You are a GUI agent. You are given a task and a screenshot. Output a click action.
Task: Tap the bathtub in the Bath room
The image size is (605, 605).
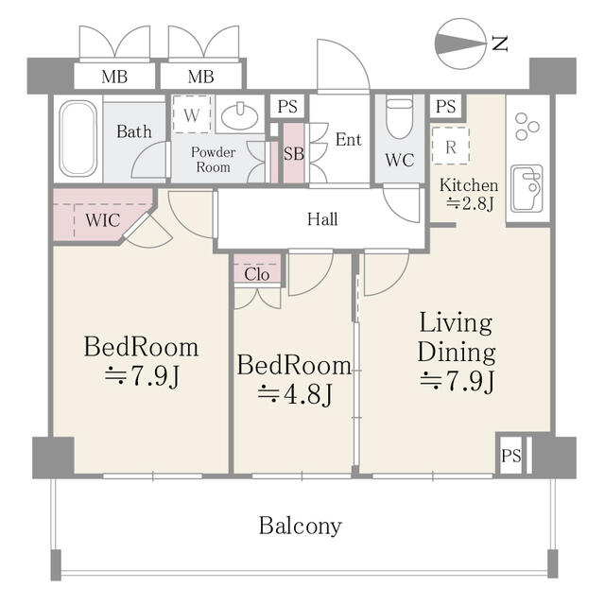coord(78,139)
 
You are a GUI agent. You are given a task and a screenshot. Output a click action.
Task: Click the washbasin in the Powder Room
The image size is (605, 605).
coord(239,115)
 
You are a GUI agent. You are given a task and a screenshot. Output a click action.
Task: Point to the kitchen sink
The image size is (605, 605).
coord(527,189)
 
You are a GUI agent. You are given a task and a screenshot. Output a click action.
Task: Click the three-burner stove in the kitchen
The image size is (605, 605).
coord(527,126)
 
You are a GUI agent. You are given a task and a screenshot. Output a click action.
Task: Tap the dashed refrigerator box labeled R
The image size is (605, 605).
coord(450,147)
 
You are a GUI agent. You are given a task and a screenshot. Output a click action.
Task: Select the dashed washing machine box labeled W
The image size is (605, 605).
coord(192,114)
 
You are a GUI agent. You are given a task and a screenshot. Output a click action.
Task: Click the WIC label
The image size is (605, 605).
coord(103,220)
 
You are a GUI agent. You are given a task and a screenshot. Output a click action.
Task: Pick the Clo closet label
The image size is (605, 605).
coord(256,274)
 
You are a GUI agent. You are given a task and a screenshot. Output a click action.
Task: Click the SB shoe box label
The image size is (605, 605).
coord(294,153)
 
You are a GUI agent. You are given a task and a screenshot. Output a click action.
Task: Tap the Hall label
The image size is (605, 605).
coord(322,219)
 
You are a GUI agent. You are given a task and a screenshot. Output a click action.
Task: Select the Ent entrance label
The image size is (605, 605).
coord(349,139)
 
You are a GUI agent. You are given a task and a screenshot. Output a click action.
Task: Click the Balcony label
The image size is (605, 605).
coord(301,526)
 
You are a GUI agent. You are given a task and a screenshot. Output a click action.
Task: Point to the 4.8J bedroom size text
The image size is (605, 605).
coord(295,394)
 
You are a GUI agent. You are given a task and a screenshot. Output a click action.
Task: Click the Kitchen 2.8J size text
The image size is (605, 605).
coord(470,203)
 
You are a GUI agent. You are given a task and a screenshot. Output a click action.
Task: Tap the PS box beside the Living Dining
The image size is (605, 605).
coord(510,456)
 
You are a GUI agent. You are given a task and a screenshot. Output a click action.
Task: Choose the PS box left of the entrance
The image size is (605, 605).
coord(287,106)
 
